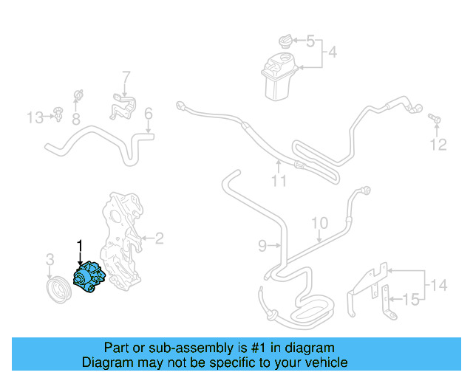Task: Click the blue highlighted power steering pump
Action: pos(89,279)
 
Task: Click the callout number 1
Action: pos(80,244)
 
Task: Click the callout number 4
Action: pos(332,52)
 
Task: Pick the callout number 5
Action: pos(310,41)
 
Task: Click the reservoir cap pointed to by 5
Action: pos(284,40)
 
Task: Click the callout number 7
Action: pos(126,76)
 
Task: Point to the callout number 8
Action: pos(75,117)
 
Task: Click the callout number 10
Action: pos(319,223)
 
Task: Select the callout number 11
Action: pos(277,179)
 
